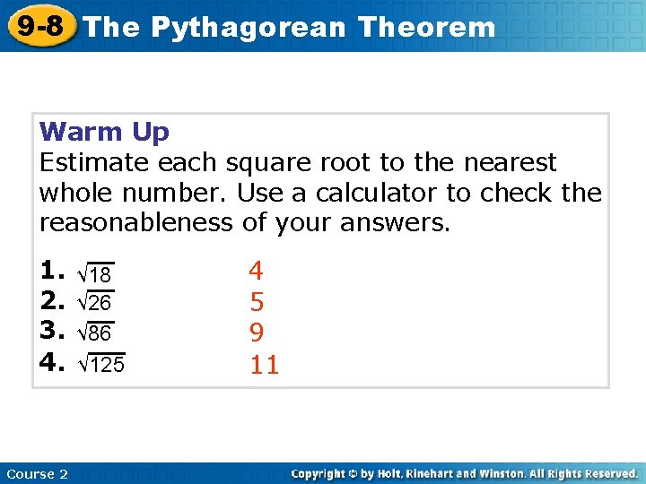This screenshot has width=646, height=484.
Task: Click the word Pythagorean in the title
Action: pos(248,27)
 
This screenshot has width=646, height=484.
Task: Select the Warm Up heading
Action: pos(104,133)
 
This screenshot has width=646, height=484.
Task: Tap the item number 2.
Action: pos(53,301)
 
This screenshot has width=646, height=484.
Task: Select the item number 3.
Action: pos(53,333)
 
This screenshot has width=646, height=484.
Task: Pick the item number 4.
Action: pos(53,363)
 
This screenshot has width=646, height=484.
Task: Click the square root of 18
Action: pos(95,272)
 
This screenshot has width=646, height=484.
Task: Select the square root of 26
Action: pos(95,303)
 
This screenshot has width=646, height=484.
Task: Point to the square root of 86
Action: pos(95,334)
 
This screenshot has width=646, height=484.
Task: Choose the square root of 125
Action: pos(101,365)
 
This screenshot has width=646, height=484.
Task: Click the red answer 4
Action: pos(257,271)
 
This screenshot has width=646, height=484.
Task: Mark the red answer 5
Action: pos(257,302)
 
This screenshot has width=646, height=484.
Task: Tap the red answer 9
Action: pos(257,333)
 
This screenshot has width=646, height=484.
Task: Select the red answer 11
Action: pos(264,365)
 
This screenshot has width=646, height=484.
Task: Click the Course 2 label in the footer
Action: pos(37,474)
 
